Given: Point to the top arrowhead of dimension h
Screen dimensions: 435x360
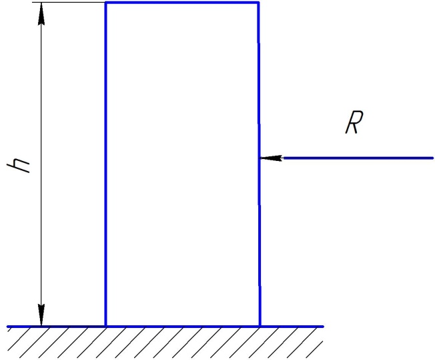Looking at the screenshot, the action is (41, 14).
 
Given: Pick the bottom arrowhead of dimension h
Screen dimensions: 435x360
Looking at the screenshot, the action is (41, 315).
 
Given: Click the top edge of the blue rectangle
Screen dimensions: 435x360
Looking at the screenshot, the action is (181, 3).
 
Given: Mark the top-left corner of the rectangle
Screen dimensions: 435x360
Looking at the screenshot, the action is (105, 3).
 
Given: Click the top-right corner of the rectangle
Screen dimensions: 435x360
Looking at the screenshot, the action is (258, 3).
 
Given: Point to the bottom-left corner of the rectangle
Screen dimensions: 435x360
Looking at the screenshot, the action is (105, 327).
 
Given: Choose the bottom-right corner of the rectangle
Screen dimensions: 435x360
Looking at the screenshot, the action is (260, 327).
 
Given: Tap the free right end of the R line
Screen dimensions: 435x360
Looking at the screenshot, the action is (433, 158).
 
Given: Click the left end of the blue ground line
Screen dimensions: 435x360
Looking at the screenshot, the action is (8, 327).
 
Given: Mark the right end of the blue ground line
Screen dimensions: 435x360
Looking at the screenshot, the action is (323, 327).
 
